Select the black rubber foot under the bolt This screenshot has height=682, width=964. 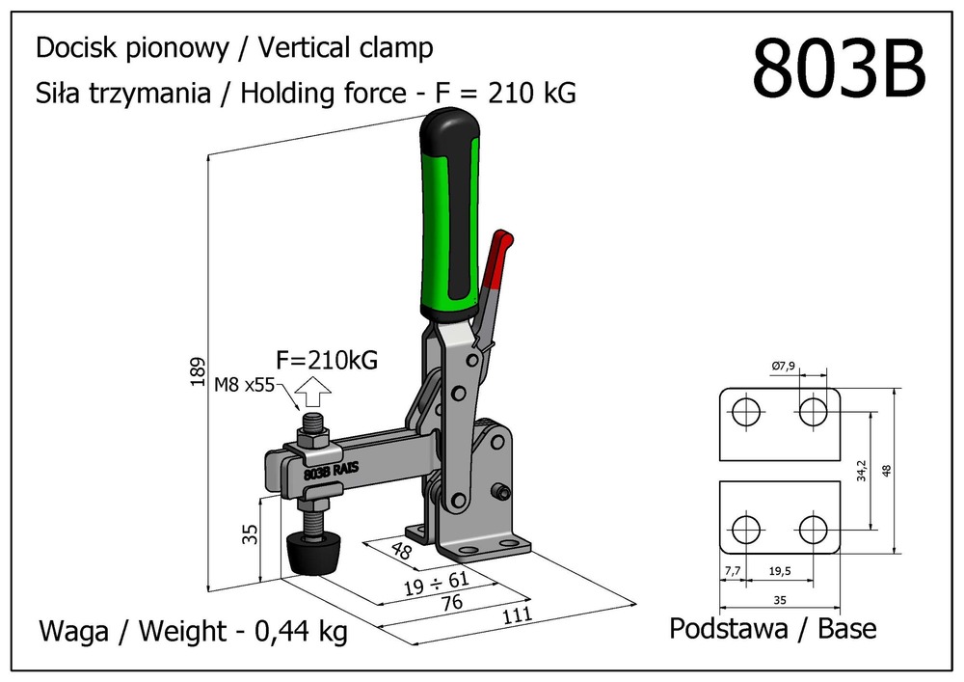click(x=315, y=554)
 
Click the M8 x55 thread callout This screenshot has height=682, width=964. click(x=245, y=385)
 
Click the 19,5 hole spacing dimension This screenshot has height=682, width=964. click(x=782, y=571)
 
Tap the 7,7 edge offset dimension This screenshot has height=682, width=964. click(x=733, y=571)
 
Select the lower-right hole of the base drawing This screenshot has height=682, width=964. click(x=814, y=529)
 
